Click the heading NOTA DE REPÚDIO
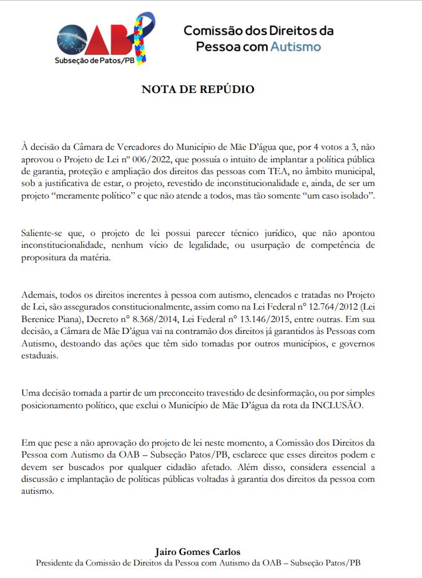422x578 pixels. [x=198, y=89]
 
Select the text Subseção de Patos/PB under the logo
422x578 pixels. [x=94, y=61]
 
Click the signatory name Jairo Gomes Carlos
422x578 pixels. [x=198, y=552]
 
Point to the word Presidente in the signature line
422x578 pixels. [x=57, y=562]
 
